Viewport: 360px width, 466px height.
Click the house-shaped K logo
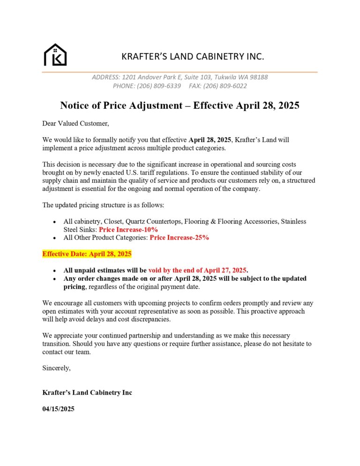point(55,55)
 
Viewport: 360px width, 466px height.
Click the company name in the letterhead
point(193,57)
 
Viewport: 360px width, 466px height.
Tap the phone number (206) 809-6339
point(159,86)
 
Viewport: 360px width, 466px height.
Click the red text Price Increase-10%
point(128,230)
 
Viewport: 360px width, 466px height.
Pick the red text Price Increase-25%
point(179,238)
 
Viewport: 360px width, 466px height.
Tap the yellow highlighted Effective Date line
point(87,254)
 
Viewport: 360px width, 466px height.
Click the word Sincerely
point(56,368)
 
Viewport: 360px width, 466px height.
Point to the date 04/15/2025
point(58,409)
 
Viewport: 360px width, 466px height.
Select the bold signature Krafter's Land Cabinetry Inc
point(87,392)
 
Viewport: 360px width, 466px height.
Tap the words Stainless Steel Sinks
point(80,230)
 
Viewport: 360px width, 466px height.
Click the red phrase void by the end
point(171,271)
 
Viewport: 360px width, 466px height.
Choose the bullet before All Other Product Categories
point(55,238)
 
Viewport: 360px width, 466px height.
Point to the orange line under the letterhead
point(180,72)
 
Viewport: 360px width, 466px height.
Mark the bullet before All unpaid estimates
point(55,271)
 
